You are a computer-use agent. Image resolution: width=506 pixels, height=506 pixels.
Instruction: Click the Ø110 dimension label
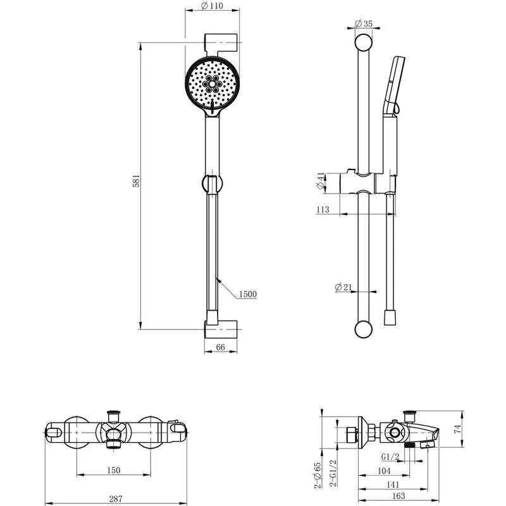point(212,6)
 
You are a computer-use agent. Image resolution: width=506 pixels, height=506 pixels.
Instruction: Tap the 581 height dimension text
point(136,181)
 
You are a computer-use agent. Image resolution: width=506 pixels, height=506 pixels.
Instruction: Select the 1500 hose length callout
point(248,294)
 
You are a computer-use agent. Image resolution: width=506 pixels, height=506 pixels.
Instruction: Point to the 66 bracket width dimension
point(220,347)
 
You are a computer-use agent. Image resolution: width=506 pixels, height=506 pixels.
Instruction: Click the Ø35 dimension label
point(364,23)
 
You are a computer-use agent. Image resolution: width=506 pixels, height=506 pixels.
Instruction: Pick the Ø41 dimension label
point(320,181)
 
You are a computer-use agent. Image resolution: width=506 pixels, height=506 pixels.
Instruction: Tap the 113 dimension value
point(323,210)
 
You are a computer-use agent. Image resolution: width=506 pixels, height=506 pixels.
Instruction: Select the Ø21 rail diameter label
point(343,287)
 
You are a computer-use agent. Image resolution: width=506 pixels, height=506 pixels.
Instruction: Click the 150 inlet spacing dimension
point(114,470)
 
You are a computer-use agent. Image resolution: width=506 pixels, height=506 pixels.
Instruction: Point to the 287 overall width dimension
point(116,499)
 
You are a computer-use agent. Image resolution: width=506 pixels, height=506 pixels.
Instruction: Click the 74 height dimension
point(458,429)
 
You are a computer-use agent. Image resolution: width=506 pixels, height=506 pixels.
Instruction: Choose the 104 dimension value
point(384,471)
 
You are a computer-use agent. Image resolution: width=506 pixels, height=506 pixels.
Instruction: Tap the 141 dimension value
point(393,484)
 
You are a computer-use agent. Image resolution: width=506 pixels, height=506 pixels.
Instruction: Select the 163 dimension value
point(398,497)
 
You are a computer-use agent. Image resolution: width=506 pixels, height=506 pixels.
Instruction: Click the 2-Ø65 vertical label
point(318,476)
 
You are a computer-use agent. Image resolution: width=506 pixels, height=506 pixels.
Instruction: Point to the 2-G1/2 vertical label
point(333,472)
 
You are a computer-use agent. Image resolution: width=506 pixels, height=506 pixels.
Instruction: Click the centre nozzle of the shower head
point(212,84)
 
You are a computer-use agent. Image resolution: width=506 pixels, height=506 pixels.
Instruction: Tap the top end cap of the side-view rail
point(363,42)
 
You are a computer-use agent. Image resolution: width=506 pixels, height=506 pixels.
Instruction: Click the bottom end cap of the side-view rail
point(363,330)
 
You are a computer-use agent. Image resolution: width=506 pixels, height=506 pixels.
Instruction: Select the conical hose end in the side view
point(390,318)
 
